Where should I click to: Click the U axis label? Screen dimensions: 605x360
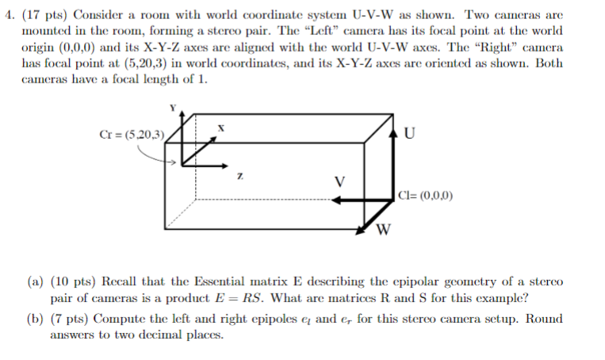pos(409,132)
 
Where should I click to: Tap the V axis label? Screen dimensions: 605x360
pos(339,182)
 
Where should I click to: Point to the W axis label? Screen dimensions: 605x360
pos(383,230)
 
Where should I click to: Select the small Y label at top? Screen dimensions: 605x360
pos(173,108)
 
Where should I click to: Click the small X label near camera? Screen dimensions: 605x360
pos(220,128)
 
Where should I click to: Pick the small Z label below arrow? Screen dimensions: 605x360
pos(240,176)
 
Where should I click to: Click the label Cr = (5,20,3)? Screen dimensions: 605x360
pos(132,135)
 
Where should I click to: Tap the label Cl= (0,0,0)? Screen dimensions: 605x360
pos(426,195)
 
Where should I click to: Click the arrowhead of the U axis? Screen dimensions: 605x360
pos(392,133)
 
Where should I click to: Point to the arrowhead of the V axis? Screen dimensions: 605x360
pos(336,200)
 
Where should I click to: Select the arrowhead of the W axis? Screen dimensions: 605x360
pos(360,230)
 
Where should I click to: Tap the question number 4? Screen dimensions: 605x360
pos(10,14)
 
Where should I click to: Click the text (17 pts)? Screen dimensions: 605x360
pos(44,14)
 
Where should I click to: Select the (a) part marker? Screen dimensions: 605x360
pos(36,281)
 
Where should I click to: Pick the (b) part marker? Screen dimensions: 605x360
pos(36,319)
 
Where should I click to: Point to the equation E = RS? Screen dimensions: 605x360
pos(239,298)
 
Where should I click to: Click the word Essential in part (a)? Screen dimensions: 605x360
pos(219,281)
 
